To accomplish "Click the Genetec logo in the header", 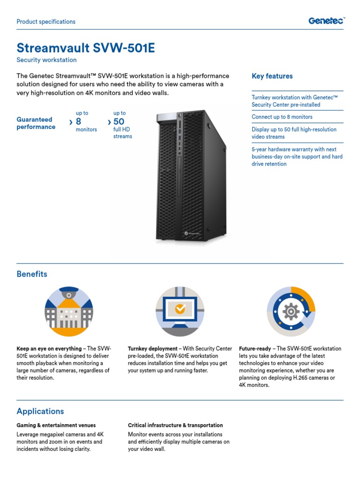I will pyautogui.click(x=326, y=21).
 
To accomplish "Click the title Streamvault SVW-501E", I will pyautogui.click(x=86, y=48).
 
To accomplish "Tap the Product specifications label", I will pyautogui.click(x=46, y=22).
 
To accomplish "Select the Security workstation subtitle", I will pyautogui.click(x=46, y=60).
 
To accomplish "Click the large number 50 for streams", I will pyautogui.click(x=119, y=122).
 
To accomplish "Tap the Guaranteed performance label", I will pyautogui.click(x=36, y=123).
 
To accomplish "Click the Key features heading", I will pyautogui.click(x=272, y=76).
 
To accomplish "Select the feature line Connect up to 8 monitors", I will pyautogui.click(x=282, y=117).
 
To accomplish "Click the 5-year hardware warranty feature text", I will pyautogui.click(x=297, y=157).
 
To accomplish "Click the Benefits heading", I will pyautogui.click(x=32, y=274).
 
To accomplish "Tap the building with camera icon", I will pyautogui.click(x=69, y=311).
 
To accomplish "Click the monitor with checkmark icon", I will pyautogui.click(x=180, y=311).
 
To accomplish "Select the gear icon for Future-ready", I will pyautogui.click(x=291, y=311).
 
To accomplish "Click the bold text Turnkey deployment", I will pyautogui.click(x=152, y=349).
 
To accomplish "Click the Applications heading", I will pyautogui.click(x=40, y=412).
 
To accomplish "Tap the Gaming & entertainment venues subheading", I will pyautogui.click(x=56, y=426).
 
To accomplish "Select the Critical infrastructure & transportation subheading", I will pyautogui.click(x=175, y=426).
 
